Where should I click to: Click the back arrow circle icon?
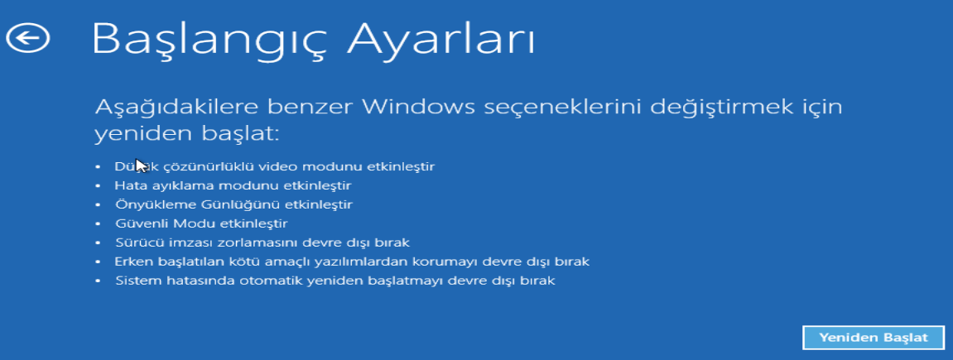click(x=27, y=37)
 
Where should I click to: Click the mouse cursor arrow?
click(x=141, y=166)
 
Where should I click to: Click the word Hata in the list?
click(x=128, y=185)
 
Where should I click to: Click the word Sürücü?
click(x=136, y=242)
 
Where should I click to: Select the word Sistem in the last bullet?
click(x=135, y=281)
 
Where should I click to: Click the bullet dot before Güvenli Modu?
click(x=98, y=223)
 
